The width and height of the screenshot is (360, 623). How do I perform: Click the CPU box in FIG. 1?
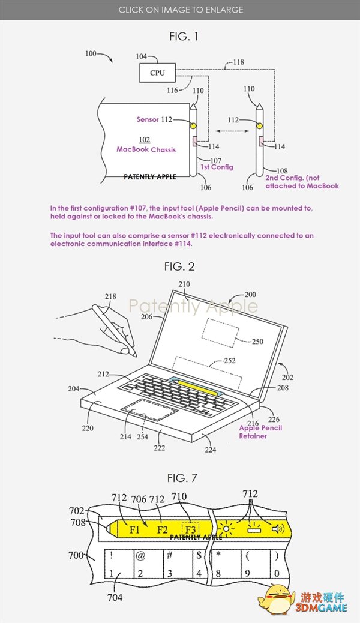(157, 73)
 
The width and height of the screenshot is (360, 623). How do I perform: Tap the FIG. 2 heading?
(180, 267)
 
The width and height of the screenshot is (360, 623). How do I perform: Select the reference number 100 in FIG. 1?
(91, 54)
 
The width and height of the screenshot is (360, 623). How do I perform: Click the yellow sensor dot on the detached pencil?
(259, 126)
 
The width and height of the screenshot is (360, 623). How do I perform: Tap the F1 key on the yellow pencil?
(135, 530)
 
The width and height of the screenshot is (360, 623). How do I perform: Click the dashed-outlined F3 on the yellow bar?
(190, 530)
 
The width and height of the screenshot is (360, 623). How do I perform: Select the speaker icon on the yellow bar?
(277, 529)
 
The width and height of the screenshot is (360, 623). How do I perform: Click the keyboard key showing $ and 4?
(198, 564)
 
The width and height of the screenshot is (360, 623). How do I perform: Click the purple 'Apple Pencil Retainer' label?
(260, 432)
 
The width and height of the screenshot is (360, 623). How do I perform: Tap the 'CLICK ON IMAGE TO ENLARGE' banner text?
(180, 10)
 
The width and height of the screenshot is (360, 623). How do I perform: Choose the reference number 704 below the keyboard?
(115, 597)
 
